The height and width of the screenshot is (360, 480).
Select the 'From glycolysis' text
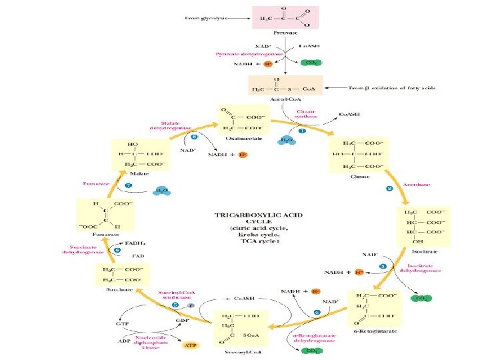click(x=204, y=19)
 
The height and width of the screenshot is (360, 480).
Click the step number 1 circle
click(x=301, y=131)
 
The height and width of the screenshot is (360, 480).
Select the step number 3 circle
click(x=383, y=267)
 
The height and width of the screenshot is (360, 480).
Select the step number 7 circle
click(x=128, y=185)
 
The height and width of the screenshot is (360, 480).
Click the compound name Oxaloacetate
click(x=245, y=139)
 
